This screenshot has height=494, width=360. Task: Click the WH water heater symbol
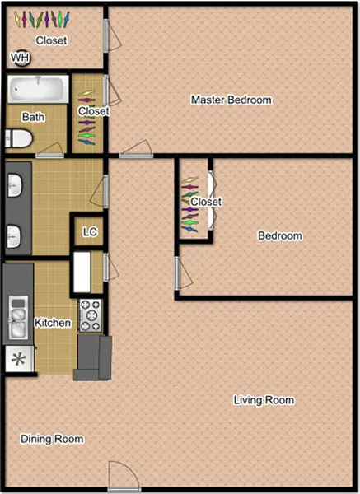click(21, 58)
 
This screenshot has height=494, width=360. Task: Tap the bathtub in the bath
click(38, 89)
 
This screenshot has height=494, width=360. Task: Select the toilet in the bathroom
click(19, 139)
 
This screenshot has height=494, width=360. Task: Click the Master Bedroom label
click(231, 100)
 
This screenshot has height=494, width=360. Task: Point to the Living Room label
click(264, 400)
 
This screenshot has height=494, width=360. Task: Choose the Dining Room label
click(52, 439)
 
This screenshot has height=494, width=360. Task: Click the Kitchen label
click(53, 323)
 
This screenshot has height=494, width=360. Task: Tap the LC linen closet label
click(90, 232)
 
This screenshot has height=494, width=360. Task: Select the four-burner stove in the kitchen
click(91, 315)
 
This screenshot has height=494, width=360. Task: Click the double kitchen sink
click(18, 318)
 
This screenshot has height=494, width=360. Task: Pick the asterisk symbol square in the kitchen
click(19, 359)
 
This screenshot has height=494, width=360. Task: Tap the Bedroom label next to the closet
click(280, 235)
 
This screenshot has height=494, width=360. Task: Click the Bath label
click(34, 117)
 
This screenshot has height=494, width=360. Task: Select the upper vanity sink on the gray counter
click(15, 185)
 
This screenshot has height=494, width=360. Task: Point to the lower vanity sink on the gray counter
click(15, 236)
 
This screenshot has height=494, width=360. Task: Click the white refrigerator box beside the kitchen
click(82, 272)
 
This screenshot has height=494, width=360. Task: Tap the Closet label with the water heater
click(51, 40)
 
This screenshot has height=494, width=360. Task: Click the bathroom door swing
click(49, 150)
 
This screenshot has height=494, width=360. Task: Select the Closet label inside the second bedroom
click(206, 202)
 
